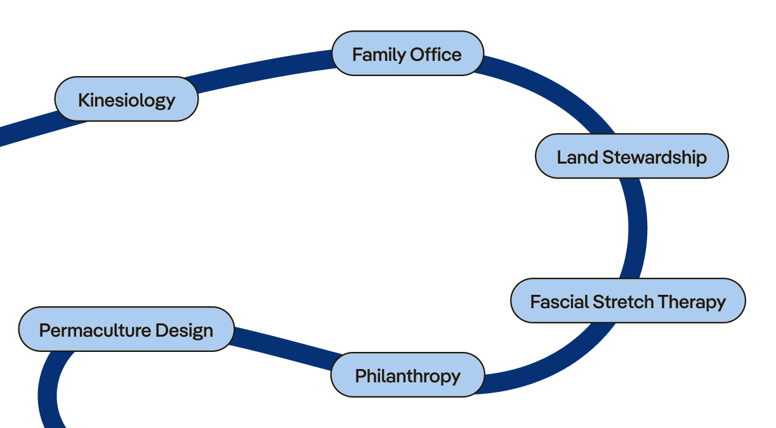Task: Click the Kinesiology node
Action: (x=126, y=100)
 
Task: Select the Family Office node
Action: (x=407, y=54)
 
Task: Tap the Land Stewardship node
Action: (x=631, y=157)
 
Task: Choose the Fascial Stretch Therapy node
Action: (x=628, y=301)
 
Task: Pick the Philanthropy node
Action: (x=407, y=375)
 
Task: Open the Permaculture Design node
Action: (x=126, y=330)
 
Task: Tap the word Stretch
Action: (x=623, y=301)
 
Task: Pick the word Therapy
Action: (x=692, y=301)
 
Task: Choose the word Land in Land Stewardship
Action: (x=577, y=157)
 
